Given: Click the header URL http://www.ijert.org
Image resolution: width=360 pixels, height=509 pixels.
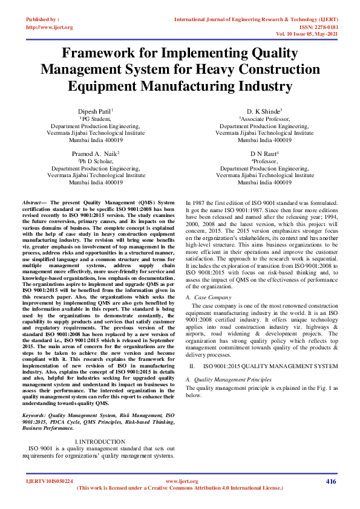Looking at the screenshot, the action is pos(50,27).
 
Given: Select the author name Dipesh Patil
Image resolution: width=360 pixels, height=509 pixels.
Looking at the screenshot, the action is pos(95,112).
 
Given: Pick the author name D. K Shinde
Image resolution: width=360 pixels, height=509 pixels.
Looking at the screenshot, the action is pos(264,112).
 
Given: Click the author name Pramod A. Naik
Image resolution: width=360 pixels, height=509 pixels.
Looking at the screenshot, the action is pos(95,154).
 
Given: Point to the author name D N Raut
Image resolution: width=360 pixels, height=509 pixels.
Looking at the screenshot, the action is pos(264,154).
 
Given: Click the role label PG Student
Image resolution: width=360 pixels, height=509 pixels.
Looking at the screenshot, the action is pos(96,120).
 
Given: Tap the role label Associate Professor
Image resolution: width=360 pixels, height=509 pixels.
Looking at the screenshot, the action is pos(266,120).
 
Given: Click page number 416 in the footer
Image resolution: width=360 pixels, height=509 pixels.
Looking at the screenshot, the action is pos(331,481).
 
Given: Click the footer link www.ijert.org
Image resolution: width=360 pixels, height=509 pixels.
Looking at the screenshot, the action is pos(179,481).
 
